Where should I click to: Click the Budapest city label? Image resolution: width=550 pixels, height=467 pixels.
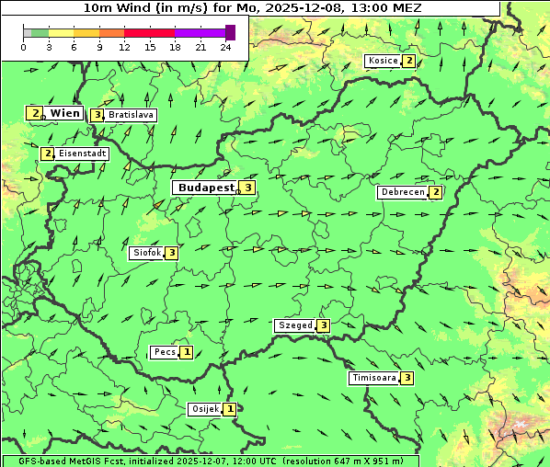coord(206,188)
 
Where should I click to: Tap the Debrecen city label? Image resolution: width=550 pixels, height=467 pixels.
coord(403,192)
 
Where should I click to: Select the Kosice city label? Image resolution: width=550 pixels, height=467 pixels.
coord(383,61)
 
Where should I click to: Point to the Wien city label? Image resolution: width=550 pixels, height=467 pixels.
coord(65,113)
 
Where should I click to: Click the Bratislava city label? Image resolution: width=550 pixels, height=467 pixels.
coord(131,115)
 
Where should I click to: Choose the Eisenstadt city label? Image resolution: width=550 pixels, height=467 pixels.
coord(83,154)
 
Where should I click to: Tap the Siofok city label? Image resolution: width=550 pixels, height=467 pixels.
coord(146,253)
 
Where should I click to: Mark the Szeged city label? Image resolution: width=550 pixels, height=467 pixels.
coord(295,325)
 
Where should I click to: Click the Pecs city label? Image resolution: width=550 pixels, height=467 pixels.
coord(165,352)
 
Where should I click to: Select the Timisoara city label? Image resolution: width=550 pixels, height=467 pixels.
coord(374,378)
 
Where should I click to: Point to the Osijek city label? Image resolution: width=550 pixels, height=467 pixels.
coord(205,409)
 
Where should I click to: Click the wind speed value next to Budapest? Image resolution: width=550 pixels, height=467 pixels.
coord(247,188)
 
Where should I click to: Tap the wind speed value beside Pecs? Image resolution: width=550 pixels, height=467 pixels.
coord(187,352)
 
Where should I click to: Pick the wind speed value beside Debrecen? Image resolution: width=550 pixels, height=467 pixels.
coord(436,192)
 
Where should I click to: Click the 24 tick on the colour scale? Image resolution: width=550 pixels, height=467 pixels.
coord(226,47)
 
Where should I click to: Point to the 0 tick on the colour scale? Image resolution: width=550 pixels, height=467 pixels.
coord(24,47)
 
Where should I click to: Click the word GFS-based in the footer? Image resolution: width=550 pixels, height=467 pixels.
coord(29,461)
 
